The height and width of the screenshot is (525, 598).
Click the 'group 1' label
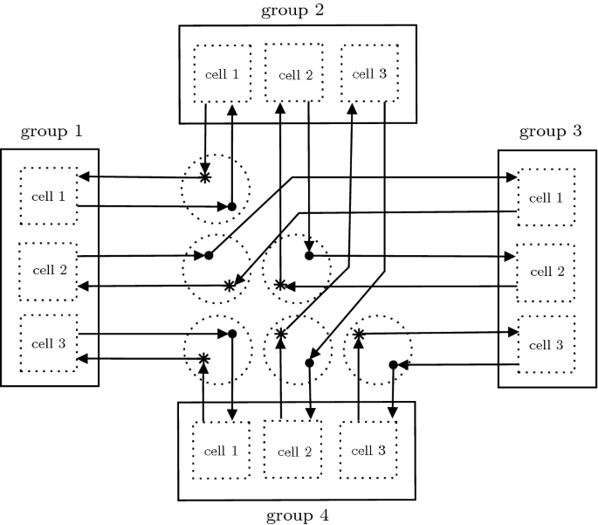pyautogui.click(x=52, y=132)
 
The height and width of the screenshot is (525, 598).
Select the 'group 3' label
pyautogui.click(x=550, y=132)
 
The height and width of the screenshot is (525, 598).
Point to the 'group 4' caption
pyautogui.click(x=299, y=515)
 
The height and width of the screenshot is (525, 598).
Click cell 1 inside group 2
pyautogui.click(x=222, y=73)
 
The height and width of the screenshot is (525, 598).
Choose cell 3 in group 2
pyautogui.click(x=368, y=73)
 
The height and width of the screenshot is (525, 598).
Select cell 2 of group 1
pyautogui.click(x=49, y=269)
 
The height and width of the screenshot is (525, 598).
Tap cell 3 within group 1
pyautogui.click(x=49, y=342)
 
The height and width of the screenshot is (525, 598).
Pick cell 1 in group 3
pyautogui.click(x=547, y=198)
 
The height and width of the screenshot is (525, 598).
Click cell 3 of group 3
pyautogui.click(x=547, y=345)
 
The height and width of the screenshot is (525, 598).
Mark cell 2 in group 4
pyautogui.click(x=294, y=452)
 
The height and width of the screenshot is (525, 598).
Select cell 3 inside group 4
pyautogui.click(x=368, y=451)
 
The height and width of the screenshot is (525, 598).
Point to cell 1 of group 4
pyautogui.click(x=220, y=451)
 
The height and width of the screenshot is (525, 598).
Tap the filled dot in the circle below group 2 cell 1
pyautogui.click(x=232, y=207)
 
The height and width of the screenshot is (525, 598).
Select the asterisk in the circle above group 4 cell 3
pyautogui.click(x=358, y=334)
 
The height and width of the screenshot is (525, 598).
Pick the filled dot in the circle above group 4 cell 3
pyautogui.click(x=394, y=364)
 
